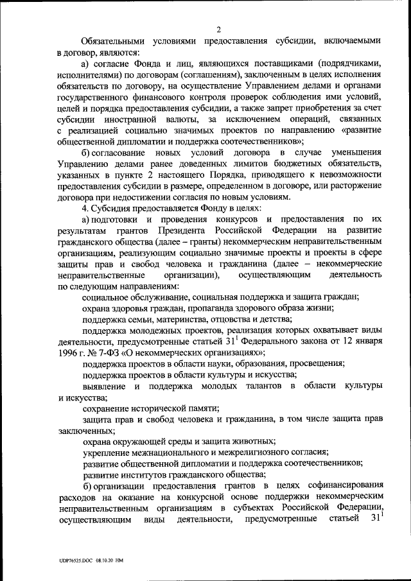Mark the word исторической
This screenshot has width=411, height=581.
click(158, 408)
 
